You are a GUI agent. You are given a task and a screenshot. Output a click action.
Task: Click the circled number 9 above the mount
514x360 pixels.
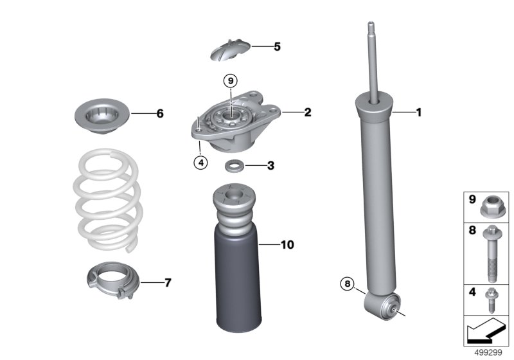tap(231, 80)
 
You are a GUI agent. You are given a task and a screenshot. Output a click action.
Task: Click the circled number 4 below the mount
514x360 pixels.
tap(200, 162)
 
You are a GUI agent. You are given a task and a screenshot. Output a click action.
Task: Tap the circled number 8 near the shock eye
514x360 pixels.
tap(348, 283)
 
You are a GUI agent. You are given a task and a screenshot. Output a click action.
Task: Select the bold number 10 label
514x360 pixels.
tap(287, 244)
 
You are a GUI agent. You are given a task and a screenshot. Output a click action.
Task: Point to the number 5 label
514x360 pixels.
tap(278, 46)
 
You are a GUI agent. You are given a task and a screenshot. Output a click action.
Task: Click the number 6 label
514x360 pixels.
tap(160, 113)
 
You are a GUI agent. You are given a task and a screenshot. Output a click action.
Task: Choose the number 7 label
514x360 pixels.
tap(168, 282)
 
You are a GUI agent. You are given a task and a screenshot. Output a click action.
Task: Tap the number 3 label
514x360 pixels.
tap(270, 166)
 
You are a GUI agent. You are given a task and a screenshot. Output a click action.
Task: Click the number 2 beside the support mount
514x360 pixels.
tap(308, 112)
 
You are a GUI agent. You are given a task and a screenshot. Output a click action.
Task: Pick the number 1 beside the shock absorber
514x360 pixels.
tap(419, 113)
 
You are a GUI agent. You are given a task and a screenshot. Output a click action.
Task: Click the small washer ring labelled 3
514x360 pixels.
tap(235, 166)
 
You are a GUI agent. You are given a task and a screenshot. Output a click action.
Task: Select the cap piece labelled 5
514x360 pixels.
tap(230, 50)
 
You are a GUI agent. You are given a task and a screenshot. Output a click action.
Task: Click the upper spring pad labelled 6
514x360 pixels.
tap(102, 116)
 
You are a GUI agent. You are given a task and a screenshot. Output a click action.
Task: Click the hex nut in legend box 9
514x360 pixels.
tap(493, 206)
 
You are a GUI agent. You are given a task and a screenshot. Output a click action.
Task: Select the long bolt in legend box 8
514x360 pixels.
tap(492, 253)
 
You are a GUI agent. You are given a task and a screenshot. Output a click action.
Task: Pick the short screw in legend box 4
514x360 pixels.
tap(491, 300)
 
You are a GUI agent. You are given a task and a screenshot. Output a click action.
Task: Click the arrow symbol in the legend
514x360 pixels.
tap(486, 331)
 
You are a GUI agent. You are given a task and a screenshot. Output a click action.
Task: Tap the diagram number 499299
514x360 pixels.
tap(488, 353)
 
